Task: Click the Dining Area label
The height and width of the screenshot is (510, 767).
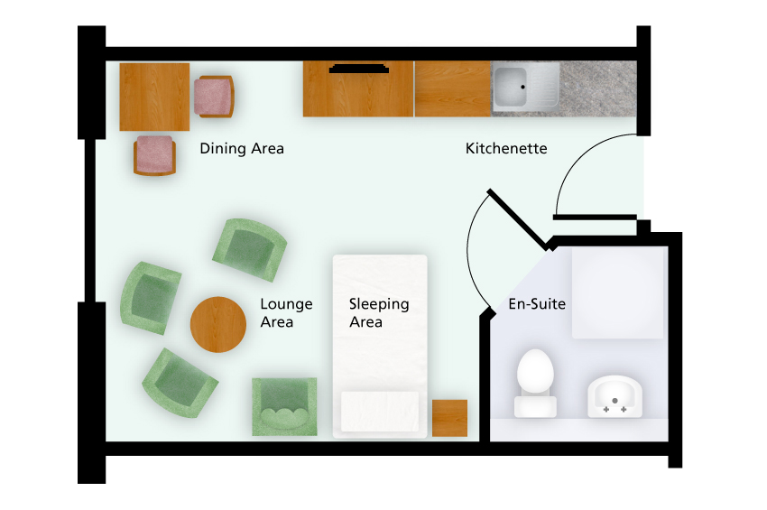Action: [242, 148]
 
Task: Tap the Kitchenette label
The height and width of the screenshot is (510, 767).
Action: [506, 148]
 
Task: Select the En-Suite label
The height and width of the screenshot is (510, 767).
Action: [537, 304]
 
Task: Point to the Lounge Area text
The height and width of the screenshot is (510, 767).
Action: [286, 313]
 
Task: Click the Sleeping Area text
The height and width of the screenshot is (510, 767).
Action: [379, 313]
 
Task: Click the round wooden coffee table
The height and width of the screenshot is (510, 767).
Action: [218, 324]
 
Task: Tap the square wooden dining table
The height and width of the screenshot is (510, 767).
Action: [154, 97]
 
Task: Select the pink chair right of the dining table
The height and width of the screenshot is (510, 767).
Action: [214, 97]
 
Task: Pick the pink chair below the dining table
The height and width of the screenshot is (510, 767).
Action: [154, 155]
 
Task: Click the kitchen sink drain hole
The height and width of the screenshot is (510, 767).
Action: [522, 88]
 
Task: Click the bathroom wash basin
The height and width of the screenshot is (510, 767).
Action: [615, 396]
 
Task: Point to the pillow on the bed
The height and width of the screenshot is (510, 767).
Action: [380, 411]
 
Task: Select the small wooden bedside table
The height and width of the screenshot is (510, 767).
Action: [449, 418]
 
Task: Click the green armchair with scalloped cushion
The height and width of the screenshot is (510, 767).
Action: [284, 407]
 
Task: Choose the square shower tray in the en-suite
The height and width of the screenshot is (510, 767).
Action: [618, 292]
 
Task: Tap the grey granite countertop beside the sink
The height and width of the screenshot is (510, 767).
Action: [598, 88]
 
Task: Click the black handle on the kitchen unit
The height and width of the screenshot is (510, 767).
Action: [359, 69]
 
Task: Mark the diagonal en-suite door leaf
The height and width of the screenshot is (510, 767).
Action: [518, 218]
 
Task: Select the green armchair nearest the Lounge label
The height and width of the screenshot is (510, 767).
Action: [250, 250]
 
